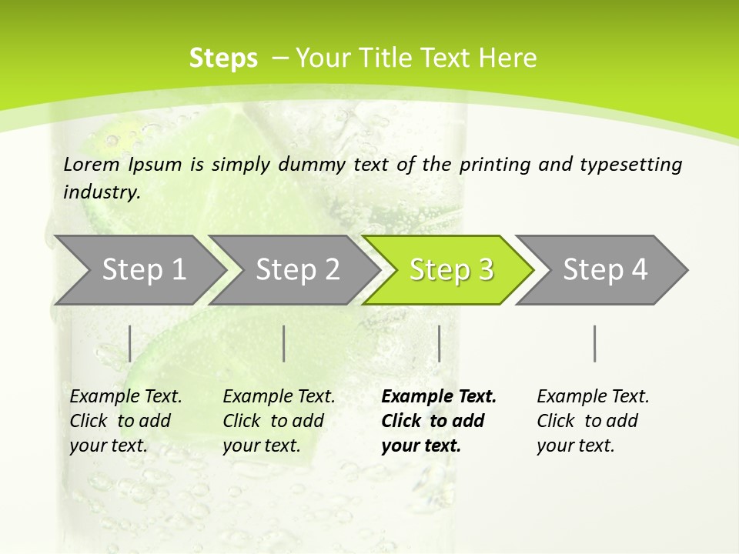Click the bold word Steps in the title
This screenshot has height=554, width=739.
[223, 58]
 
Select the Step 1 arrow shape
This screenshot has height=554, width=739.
[139, 270]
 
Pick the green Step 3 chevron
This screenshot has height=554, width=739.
[451, 270]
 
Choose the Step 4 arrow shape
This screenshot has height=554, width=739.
[605, 270]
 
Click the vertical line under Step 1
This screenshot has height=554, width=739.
[129, 343]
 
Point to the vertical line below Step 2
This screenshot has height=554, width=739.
[284, 343]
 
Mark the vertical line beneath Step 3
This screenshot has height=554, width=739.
[439, 343]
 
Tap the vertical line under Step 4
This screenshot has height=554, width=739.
[594, 343]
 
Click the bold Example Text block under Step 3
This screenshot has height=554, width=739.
[439, 421]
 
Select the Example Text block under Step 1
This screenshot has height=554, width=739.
[125, 421]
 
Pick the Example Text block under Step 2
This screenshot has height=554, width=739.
[279, 421]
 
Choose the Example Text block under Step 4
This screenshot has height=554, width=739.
[593, 421]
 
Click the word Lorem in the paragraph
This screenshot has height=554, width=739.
[91, 165]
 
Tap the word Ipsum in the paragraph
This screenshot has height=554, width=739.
[155, 165]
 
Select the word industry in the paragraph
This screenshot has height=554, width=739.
[102, 192]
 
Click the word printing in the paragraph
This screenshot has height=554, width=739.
[496, 165]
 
